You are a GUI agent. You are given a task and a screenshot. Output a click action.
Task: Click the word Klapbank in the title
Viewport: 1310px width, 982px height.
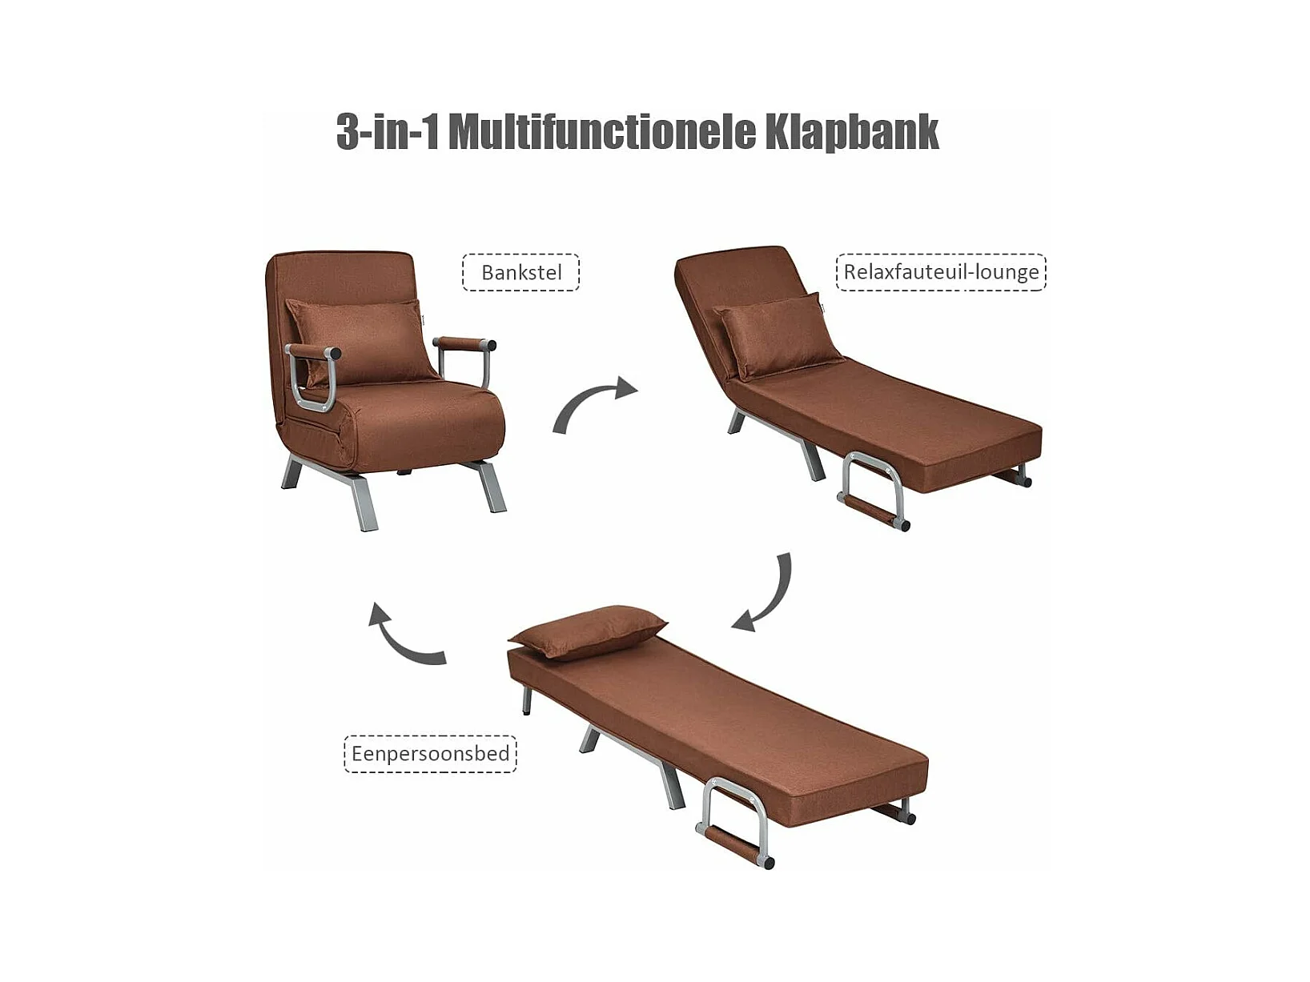click(852, 132)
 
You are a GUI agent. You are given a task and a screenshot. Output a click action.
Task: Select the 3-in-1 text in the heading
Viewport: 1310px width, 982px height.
click(388, 132)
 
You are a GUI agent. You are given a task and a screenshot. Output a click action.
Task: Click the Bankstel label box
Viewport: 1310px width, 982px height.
click(521, 272)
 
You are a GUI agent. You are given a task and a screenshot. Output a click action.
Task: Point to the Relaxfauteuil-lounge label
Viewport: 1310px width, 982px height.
click(941, 272)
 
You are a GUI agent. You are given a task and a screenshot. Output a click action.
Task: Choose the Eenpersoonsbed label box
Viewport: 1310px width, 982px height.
click(430, 754)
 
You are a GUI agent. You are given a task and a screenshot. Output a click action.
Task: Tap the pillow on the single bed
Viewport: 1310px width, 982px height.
click(588, 631)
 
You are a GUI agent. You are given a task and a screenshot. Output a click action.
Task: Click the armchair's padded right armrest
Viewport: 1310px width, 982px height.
click(464, 344)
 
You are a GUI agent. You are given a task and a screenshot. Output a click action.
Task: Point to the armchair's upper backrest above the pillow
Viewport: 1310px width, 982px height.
click(341, 275)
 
